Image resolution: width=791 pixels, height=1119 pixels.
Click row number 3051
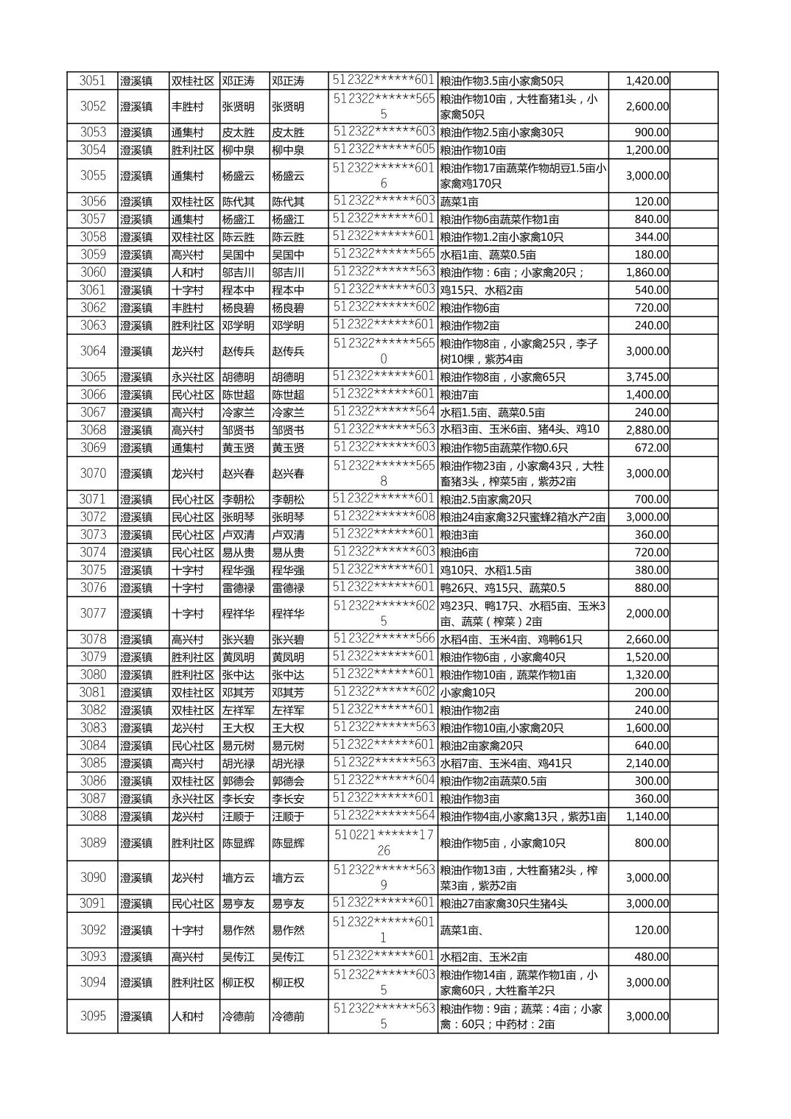click(x=93, y=81)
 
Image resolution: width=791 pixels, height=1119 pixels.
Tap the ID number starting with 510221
click(x=383, y=843)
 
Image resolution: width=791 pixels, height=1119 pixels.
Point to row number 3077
click(x=93, y=613)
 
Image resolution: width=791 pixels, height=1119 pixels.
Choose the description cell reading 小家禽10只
click(x=468, y=693)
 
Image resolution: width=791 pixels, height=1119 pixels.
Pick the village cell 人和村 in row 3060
click(x=187, y=272)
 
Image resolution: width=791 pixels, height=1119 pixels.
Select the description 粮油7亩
click(x=459, y=395)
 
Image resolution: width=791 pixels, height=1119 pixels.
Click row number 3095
click(x=93, y=1016)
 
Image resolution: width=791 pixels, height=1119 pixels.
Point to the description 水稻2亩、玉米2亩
click(x=483, y=956)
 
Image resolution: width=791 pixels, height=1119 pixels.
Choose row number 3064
click(x=93, y=351)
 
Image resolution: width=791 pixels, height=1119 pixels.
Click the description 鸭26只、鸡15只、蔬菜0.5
click(x=503, y=587)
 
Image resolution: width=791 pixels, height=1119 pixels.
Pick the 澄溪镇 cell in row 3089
click(x=136, y=843)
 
